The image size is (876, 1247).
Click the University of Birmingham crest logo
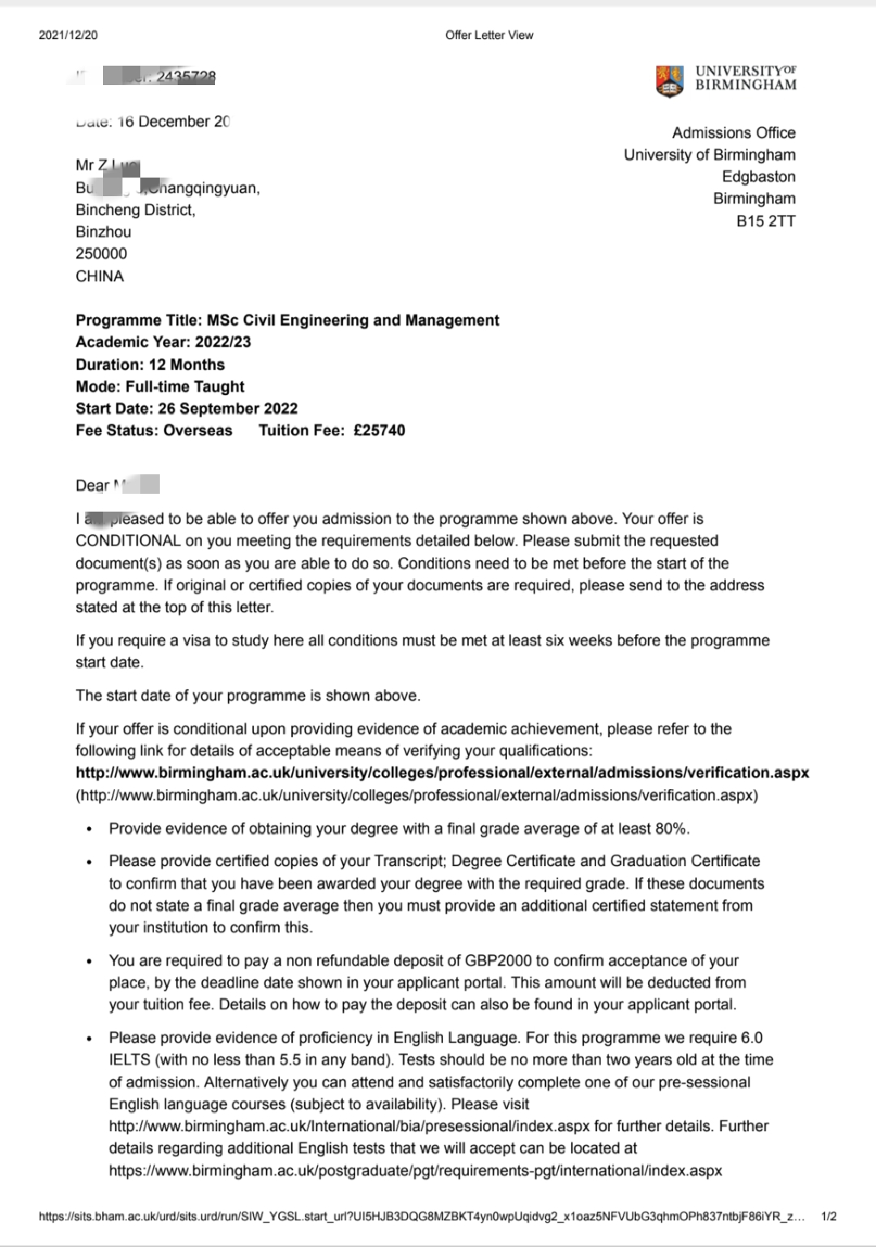click(669, 81)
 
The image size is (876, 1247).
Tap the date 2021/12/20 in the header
click(68, 35)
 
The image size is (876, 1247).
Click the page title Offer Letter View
click(489, 35)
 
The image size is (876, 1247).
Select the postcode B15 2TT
click(766, 221)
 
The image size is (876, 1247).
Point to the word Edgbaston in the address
click(758, 177)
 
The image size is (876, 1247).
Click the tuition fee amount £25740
click(379, 431)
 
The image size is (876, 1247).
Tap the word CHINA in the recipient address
click(100, 276)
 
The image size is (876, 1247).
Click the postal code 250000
click(101, 254)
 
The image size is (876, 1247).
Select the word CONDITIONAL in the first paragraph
click(128, 541)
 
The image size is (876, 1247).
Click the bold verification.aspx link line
click(442, 773)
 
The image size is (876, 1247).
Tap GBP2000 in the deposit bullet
click(498, 961)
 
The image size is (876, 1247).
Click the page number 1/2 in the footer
click(829, 1217)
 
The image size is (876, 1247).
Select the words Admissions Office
click(733, 133)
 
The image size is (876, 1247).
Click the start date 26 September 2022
click(228, 409)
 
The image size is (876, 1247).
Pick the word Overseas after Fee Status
click(198, 431)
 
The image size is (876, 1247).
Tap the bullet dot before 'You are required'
click(89, 962)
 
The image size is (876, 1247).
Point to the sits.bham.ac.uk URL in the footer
click(422, 1217)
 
